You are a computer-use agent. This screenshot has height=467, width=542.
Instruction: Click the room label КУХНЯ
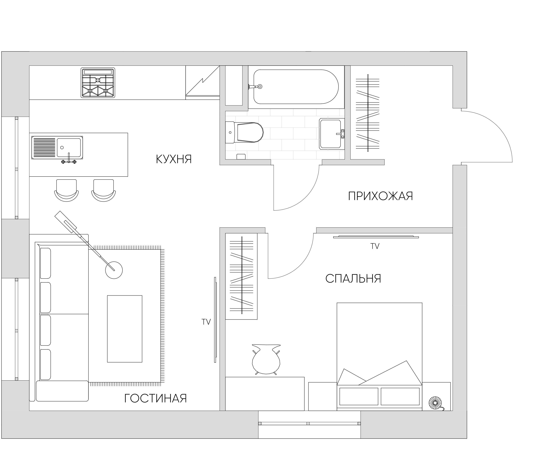[174, 159]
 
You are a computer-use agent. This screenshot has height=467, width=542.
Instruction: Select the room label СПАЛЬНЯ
[353, 279]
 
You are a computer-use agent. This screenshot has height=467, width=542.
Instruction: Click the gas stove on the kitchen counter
[98, 83]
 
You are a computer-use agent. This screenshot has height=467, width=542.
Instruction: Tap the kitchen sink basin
[69, 148]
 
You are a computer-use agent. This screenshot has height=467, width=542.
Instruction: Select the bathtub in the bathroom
[296, 87]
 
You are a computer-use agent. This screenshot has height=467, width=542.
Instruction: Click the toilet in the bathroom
[244, 132]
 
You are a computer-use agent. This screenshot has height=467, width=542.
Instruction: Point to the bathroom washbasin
[332, 134]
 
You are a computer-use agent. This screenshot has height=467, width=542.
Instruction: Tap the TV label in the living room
[206, 322]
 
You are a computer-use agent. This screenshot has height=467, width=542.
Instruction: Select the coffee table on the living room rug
[125, 329]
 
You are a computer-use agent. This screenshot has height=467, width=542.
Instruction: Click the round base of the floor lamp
[114, 270]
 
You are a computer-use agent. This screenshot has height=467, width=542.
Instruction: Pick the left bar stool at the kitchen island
[67, 190]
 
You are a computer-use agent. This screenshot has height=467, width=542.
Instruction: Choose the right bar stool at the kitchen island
[104, 190]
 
